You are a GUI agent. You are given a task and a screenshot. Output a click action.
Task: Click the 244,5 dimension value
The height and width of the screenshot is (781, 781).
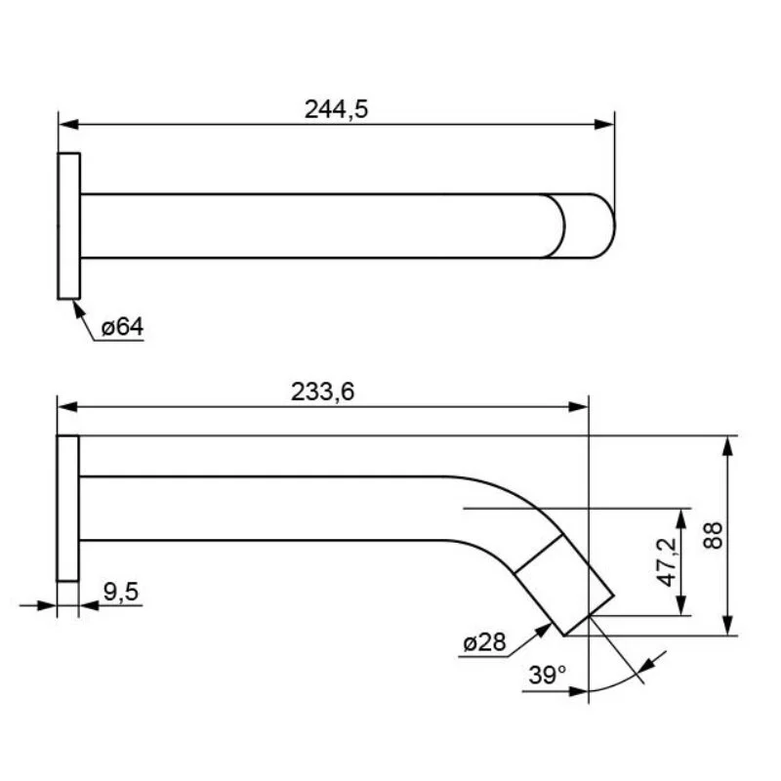[x=336, y=109]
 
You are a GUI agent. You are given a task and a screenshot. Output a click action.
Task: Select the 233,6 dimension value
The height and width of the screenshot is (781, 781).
[x=322, y=391]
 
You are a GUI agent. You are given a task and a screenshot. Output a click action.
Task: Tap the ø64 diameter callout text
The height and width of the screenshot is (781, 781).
[x=122, y=327]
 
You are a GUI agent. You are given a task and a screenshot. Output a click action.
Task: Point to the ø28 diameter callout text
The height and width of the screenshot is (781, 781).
[x=484, y=642]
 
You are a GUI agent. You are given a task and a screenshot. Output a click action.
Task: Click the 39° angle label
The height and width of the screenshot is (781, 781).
[x=547, y=676]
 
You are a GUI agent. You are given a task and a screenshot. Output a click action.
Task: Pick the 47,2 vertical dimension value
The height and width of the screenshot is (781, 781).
[x=667, y=562]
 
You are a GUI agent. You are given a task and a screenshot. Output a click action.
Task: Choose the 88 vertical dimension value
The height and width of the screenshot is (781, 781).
[x=714, y=535]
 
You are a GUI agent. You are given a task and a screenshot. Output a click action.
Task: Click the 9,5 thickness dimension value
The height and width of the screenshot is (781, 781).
[x=121, y=592]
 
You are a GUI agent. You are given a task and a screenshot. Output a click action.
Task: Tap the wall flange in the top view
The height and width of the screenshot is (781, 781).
[x=68, y=226]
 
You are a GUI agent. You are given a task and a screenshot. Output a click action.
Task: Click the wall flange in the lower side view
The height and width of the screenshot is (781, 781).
[x=67, y=509]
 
